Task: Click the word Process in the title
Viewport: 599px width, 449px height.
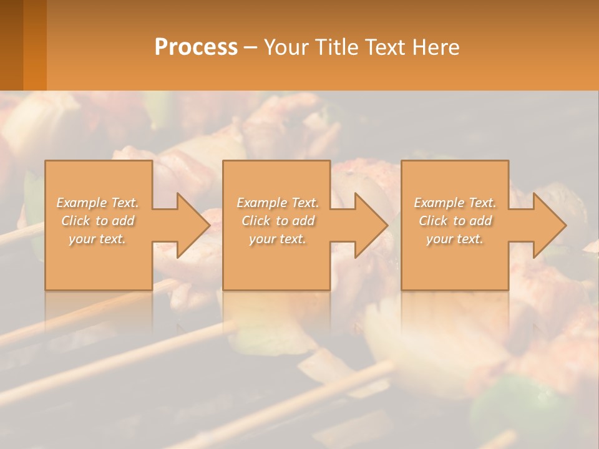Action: (196, 47)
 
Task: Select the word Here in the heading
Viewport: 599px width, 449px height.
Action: (436, 47)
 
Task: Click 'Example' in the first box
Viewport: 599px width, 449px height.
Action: (82, 203)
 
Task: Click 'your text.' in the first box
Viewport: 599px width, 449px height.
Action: (97, 239)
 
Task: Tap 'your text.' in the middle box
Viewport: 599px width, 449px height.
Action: (278, 239)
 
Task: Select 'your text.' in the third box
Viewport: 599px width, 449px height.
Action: (455, 239)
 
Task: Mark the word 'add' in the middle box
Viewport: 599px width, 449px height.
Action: (303, 221)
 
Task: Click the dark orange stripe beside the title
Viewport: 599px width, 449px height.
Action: (34, 45)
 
